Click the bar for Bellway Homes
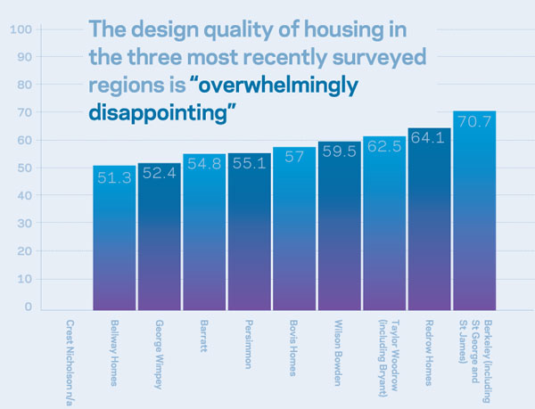pyautogui.click(x=114, y=241)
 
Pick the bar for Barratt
pyautogui.click(x=204, y=236)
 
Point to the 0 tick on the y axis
pyautogui.click(x=28, y=307)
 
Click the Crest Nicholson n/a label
pyautogui.click(x=69, y=360)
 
